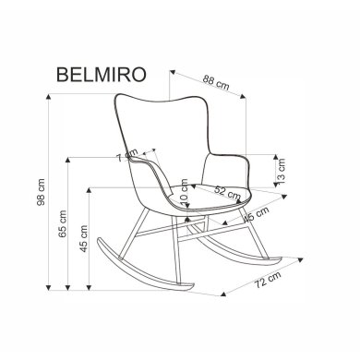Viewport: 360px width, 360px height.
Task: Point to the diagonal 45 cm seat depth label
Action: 258,215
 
